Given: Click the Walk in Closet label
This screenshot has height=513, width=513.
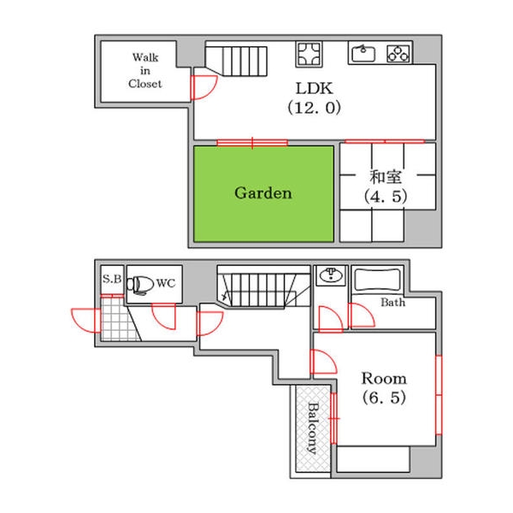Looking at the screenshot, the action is click(x=145, y=71).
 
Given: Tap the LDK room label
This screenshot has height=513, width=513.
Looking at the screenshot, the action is click(x=314, y=88).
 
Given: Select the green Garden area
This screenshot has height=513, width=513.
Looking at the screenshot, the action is click(x=263, y=194).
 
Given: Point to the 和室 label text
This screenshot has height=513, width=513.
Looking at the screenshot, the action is click(x=386, y=177).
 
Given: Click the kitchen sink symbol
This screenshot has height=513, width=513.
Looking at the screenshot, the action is click(x=363, y=53).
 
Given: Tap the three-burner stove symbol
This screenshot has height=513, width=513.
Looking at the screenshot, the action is click(x=398, y=53).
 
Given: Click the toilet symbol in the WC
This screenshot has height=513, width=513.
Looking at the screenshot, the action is click(x=139, y=285).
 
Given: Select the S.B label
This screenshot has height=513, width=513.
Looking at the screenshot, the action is click(x=112, y=279).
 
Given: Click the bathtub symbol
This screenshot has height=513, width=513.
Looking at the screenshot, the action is click(x=377, y=280).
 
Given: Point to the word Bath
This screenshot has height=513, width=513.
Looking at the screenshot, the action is click(x=393, y=303).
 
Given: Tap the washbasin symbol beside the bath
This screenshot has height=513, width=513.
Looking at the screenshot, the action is click(x=331, y=275).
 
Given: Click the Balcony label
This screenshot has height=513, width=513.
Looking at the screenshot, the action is click(x=313, y=428).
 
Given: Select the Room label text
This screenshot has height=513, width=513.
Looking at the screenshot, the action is click(x=384, y=379).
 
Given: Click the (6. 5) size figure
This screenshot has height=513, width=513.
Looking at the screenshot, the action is click(x=384, y=398).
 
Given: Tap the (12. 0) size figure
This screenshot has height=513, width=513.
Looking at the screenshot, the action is click(x=314, y=108).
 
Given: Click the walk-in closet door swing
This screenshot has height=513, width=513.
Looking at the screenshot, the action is click(x=203, y=87).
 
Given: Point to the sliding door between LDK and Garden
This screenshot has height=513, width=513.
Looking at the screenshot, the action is click(x=252, y=142).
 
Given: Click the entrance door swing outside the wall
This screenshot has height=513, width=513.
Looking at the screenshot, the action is click(x=85, y=321).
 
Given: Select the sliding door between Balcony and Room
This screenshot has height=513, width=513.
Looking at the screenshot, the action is click(x=333, y=418).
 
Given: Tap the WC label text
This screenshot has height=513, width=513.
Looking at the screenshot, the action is click(x=166, y=283).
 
